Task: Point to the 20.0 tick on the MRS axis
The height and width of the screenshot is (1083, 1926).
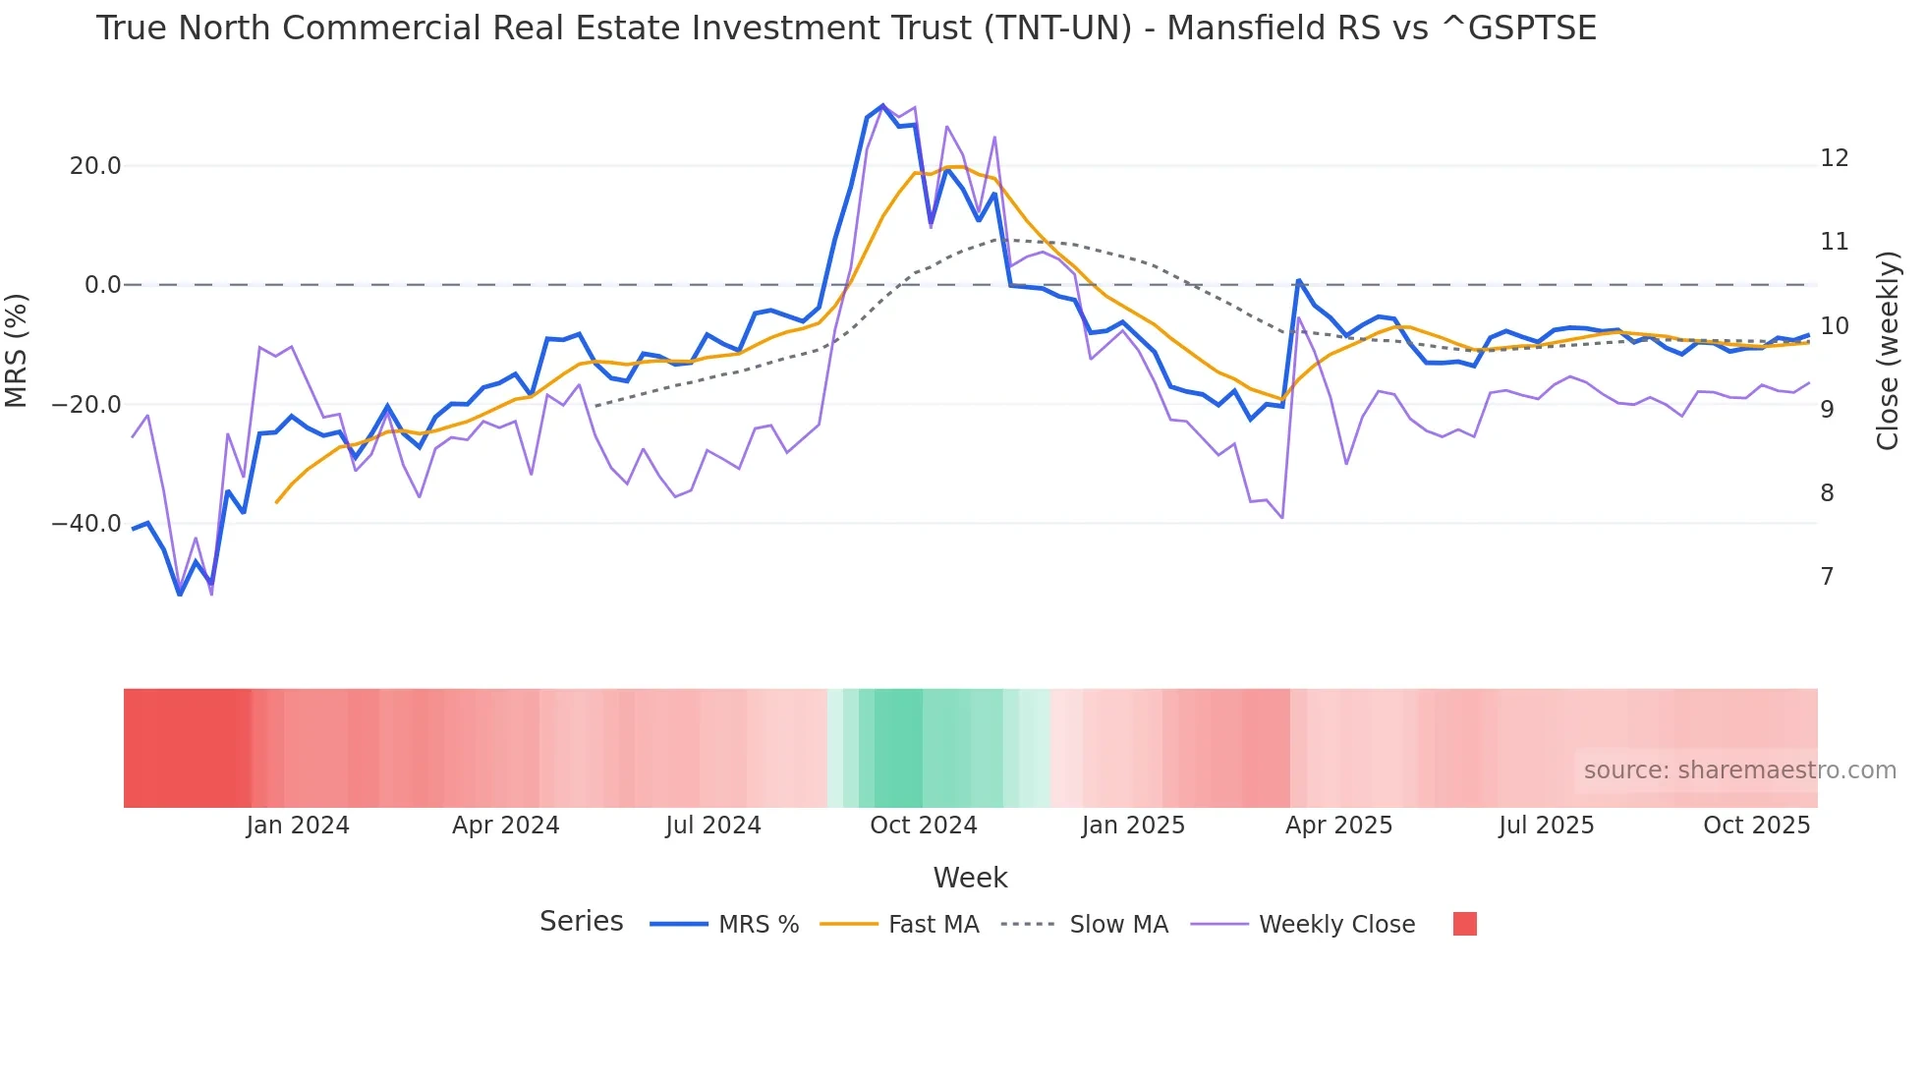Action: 95,166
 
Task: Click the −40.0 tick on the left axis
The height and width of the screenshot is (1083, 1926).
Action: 86,524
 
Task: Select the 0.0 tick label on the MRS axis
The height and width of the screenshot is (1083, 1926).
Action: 103,285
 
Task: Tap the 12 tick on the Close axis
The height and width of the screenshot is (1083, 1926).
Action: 1834,158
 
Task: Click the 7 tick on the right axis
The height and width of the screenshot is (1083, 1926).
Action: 1827,577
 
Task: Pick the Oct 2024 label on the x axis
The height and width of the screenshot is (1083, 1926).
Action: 923,826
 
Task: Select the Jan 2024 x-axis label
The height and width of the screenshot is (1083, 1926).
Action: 298,826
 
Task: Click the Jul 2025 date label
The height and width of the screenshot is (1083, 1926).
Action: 1546,826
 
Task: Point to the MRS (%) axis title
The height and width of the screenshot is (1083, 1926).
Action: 17,350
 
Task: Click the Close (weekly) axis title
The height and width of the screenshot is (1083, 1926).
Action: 1888,350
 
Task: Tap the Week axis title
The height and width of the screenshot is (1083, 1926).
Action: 970,878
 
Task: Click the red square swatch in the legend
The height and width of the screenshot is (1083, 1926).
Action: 1464,924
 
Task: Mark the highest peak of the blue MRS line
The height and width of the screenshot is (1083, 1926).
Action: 882,106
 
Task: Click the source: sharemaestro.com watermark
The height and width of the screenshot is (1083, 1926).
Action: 1739,770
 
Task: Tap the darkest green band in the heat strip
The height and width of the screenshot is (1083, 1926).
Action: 898,748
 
